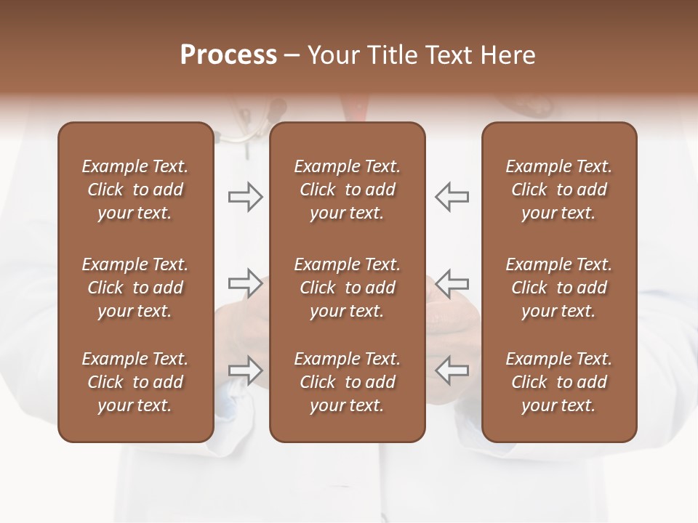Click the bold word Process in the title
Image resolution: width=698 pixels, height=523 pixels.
tap(228, 55)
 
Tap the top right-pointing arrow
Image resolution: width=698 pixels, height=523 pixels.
tap(245, 196)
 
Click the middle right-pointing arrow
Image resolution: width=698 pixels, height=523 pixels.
tap(245, 283)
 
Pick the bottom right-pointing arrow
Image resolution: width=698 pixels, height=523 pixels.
tap(245, 370)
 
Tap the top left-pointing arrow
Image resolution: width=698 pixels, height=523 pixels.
tap(452, 196)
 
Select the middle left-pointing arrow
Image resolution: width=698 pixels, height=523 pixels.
tap(452, 283)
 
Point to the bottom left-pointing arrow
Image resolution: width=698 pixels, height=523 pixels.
tap(452, 370)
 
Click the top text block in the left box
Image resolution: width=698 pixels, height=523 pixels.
tap(135, 190)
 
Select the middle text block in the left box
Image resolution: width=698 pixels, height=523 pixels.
tap(135, 288)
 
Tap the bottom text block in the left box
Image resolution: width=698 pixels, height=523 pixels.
tap(135, 382)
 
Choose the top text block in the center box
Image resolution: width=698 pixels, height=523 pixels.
tap(347, 190)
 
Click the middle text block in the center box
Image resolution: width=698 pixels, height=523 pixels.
tap(347, 288)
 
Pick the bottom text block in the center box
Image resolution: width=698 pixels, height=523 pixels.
tap(347, 382)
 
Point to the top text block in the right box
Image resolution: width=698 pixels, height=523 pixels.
tap(558, 190)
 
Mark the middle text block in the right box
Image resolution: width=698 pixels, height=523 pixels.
tap(558, 288)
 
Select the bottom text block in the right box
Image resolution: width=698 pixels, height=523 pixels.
tap(558, 382)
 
